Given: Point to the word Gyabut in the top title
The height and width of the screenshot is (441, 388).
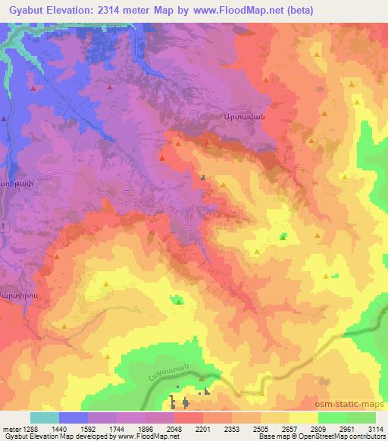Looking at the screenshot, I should [x=23, y=10].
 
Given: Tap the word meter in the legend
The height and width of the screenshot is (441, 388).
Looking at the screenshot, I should [x=11, y=428].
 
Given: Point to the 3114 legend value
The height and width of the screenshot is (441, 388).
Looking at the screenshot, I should [x=377, y=428].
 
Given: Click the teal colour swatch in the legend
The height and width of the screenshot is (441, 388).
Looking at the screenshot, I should [x=45, y=418].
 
